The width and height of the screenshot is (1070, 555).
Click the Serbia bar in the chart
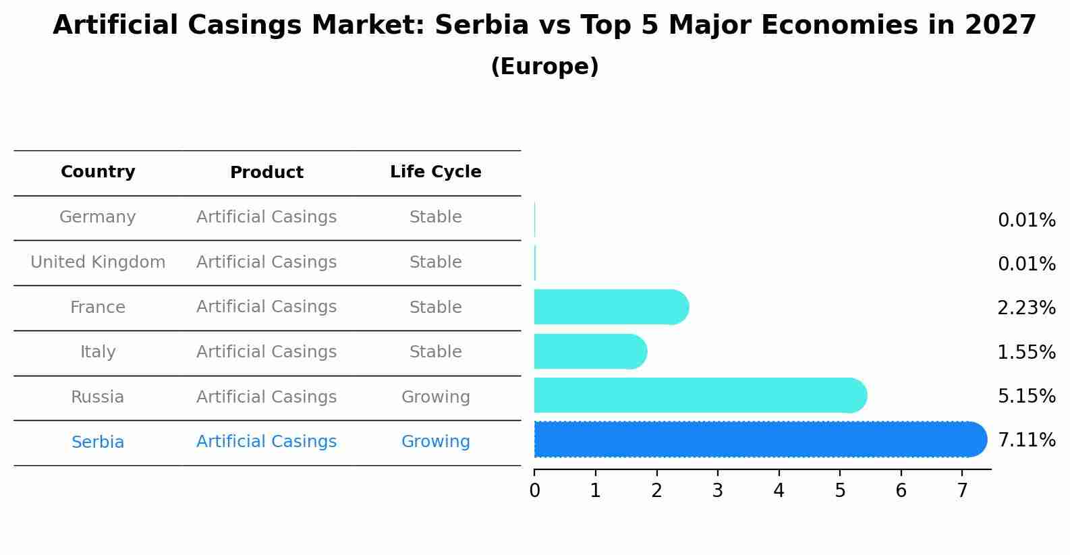759,440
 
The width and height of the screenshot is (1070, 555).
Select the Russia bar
698,395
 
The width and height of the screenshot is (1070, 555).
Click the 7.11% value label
1026,440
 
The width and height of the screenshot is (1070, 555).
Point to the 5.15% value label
1026,396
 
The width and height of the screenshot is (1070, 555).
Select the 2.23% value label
1026,308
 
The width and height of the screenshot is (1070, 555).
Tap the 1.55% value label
1026,352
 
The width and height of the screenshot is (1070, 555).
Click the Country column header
98,172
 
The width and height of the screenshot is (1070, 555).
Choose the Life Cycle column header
435,172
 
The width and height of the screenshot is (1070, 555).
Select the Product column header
266,173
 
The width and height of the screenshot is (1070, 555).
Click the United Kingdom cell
98,262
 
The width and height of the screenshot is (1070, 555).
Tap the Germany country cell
98,217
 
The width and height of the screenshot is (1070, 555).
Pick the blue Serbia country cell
98,442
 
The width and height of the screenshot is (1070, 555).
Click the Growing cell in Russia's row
435,397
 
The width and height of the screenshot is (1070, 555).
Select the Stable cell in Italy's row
435,352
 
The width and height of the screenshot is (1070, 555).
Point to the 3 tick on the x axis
718,491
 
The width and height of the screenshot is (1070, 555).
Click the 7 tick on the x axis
962,491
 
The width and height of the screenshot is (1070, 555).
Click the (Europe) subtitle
544,67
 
